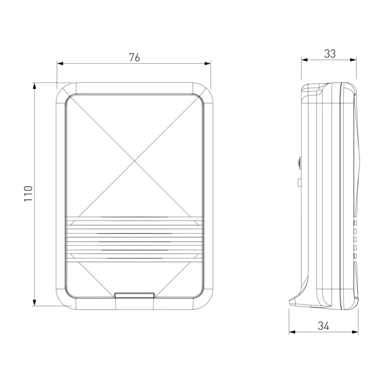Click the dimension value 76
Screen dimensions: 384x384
(x=134, y=58)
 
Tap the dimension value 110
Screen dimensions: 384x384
(x=28, y=194)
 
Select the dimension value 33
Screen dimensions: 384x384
(x=330, y=54)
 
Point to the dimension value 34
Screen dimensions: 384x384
(x=324, y=326)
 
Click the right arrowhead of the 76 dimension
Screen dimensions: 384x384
(x=207, y=64)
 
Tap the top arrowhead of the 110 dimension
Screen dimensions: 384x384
(x=35, y=86)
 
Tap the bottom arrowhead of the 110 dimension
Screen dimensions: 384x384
(x=35, y=302)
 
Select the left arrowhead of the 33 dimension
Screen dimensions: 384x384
(x=304, y=60)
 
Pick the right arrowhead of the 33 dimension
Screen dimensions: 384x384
(x=353, y=60)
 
